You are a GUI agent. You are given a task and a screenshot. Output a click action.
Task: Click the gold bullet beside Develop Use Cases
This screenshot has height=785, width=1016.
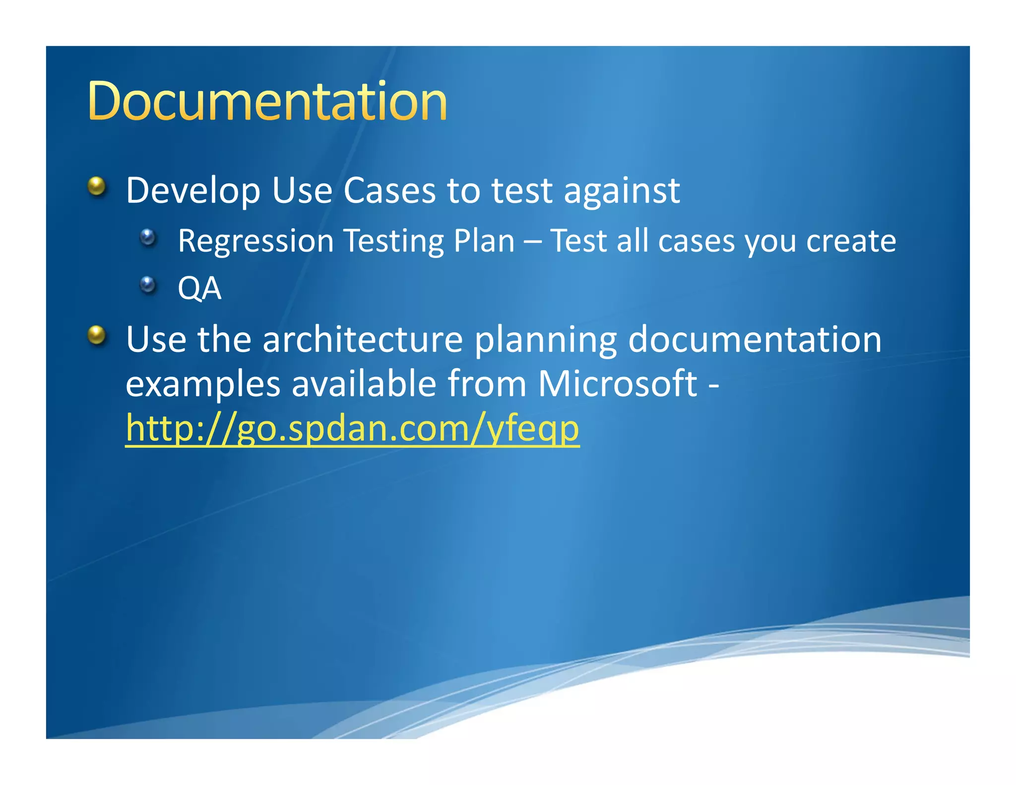tap(97, 187)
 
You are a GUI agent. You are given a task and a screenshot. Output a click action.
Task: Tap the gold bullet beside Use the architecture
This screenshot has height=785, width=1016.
tap(97, 335)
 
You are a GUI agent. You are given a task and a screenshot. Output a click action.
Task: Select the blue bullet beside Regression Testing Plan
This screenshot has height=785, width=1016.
tap(148, 237)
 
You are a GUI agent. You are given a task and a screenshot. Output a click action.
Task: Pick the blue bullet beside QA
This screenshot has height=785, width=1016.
tap(148, 284)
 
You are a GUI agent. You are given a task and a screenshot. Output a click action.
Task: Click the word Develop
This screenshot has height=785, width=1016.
tap(193, 191)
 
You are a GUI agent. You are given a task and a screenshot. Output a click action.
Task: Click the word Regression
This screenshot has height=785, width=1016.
tap(255, 241)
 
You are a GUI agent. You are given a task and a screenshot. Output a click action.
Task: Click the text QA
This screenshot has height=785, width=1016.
tap(199, 288)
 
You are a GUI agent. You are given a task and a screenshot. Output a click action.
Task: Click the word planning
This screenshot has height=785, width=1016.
tap(545, 340)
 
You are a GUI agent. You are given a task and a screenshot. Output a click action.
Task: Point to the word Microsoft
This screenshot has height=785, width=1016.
tap(617, 384)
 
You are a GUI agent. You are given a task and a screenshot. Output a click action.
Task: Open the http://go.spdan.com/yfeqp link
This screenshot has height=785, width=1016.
tap(352, 428)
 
